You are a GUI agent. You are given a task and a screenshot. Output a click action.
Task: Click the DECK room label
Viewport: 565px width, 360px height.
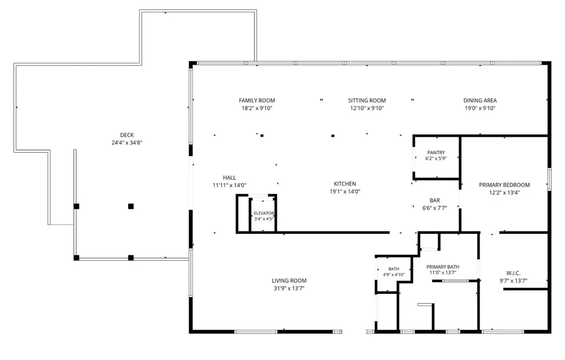tap(127, 135)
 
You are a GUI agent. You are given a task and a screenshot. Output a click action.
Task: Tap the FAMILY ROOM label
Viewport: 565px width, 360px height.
tap(257, 100)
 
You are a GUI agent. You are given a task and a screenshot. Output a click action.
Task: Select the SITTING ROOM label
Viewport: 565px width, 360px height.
tap(367, 100)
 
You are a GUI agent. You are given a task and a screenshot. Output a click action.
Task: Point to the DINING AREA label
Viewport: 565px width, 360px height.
tap(480, 100)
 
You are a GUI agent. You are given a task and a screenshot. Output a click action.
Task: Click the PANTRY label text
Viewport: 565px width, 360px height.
tap(436, 153)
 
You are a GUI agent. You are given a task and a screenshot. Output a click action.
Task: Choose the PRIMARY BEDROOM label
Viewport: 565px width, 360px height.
tap(504, 185)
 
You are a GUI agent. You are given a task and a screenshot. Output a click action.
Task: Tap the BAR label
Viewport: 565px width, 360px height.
tap(435, 201)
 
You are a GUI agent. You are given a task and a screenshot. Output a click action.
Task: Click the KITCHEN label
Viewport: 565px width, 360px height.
tap(345, 184)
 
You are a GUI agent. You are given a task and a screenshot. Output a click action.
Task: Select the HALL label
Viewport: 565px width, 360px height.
tap(230, 178)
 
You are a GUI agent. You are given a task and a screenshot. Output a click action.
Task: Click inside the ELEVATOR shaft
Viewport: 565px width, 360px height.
tap(263, 215)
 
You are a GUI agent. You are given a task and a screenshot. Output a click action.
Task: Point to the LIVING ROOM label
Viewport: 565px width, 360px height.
tap(289, 281)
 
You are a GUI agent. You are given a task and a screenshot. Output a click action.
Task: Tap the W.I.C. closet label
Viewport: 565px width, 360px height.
tap(513, 273)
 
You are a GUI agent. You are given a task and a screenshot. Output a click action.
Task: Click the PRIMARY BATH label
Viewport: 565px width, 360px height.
tap(443, 267)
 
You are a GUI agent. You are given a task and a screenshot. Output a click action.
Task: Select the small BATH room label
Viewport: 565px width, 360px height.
tap(394, 269)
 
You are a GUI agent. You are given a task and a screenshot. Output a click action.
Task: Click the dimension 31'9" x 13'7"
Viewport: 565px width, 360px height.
tap(289, 288)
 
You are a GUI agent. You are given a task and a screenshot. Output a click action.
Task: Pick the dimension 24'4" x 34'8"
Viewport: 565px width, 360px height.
tap(127, 143)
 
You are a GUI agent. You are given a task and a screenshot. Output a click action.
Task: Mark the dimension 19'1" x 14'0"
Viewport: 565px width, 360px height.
tap(345, 192)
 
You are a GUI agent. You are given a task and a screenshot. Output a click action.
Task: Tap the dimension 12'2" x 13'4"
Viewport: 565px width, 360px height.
tap(504, 192)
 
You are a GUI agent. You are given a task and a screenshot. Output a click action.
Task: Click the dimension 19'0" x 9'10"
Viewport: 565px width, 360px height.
tap(480, 109)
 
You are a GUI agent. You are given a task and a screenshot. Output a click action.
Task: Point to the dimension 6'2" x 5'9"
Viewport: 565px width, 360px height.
tap(436, 158)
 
